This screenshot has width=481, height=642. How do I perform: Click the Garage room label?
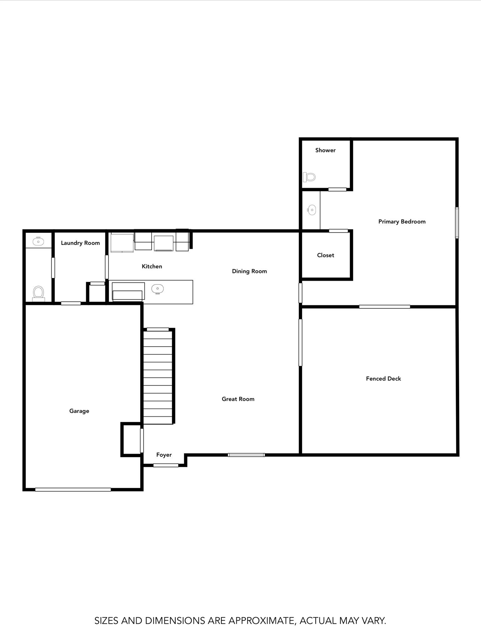pos(79,411)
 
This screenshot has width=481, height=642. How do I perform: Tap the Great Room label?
pos(238,399)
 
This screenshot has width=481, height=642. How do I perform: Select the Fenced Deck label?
pos(383,379)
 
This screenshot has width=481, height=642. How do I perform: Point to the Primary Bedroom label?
pos(402,222)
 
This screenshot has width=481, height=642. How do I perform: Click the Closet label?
pos(325,255)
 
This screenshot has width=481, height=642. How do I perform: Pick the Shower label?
pos(325,150)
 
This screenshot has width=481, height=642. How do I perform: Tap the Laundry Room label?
pos(80,243)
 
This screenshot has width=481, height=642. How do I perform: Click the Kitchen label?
pos(152,266)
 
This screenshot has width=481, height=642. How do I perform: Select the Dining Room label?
pos(249,271)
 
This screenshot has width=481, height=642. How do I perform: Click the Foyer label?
pos(164,455)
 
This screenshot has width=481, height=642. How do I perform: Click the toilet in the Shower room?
pos(309,177)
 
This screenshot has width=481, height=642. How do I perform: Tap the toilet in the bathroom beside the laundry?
pos(38,293)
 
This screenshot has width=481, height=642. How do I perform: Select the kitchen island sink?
pos(158,289)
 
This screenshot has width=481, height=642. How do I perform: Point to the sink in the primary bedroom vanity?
pos(312,210)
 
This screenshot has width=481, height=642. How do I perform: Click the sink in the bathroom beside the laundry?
pos(38,241)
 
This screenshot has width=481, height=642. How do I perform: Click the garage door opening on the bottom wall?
pos(73,489)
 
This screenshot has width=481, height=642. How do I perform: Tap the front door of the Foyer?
pos(166,465)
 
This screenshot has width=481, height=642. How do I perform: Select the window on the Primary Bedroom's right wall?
pos(457,223)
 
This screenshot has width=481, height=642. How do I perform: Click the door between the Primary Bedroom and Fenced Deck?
pos(385,307)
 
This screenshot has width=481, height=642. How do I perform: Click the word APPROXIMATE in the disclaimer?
pos(261,620)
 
